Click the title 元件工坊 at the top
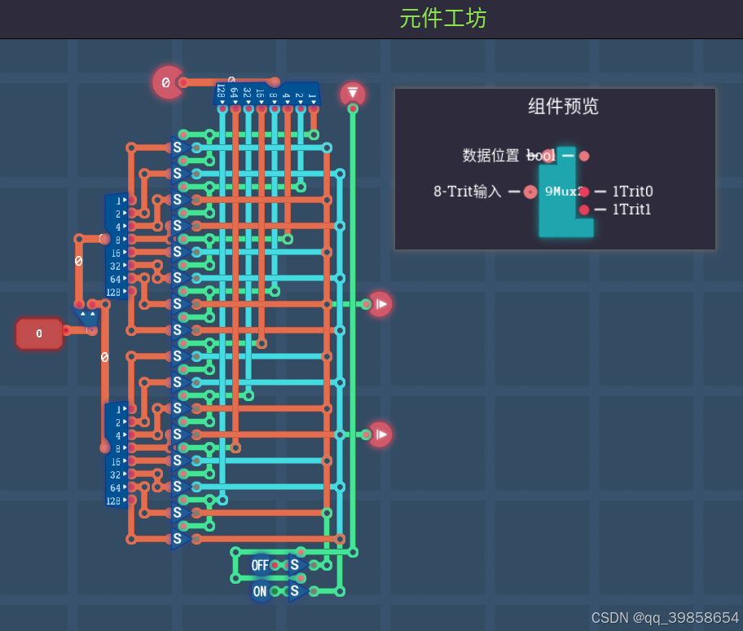[x=442, y=18]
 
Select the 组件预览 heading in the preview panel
[x=563, y=106]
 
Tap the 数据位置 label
[x=490, y=156]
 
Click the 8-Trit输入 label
[x=468, y=192]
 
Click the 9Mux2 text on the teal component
[x=562, y=192]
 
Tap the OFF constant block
[x=260, y=565]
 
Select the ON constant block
[x=260, y=592]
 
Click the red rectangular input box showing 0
[x=39, y=333]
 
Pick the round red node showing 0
[x=166, y=82]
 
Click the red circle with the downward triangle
[x=353, y=94]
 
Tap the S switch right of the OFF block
[x=296, y=565]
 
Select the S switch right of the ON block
[x=296, y=591]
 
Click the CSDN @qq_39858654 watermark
[x=665, y=618]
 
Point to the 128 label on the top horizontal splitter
[x=221, y=91]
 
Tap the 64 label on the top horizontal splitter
[x=234, y=93]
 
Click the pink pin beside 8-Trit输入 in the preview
[x=530, y=192]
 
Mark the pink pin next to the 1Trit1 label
[x=584, y=210]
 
